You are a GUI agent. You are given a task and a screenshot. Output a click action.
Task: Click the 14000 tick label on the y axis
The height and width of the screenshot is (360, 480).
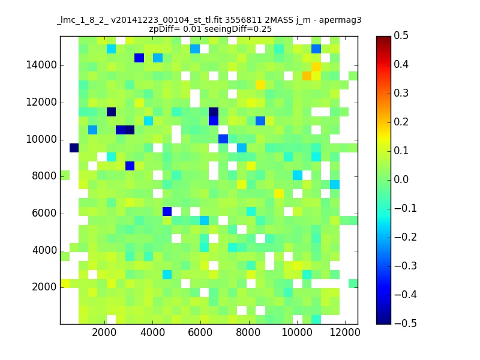[41, 65]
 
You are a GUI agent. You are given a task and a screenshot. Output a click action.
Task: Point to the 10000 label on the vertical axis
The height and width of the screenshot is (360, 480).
[41, 140]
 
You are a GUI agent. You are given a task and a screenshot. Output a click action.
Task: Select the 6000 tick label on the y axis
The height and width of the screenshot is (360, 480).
[44, 214]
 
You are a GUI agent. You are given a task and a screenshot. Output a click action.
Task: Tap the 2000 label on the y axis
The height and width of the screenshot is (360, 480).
[44, 287]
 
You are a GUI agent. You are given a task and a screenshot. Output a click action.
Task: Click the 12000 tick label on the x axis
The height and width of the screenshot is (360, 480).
[344, 332]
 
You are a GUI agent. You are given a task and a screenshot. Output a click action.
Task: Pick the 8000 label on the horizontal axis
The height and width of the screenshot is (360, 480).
[248, 332]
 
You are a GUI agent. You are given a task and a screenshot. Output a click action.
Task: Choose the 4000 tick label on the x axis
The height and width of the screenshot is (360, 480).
[152, 332]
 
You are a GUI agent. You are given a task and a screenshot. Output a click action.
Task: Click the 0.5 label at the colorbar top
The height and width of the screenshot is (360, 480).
[401, 35]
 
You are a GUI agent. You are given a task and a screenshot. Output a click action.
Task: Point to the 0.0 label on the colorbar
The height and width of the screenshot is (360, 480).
[401, 179]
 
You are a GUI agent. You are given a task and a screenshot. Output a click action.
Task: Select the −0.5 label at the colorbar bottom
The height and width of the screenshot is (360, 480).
[406, 323]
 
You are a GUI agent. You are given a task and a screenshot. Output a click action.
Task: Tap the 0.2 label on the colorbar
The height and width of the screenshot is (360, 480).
[401, 122]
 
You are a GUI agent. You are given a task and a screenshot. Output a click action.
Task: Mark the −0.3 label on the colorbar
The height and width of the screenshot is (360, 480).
[406, 266]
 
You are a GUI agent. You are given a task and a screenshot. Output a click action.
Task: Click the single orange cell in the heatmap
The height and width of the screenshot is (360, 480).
[307, 76]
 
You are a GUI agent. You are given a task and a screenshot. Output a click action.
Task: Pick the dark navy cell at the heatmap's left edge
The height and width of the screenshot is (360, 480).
[74, 148]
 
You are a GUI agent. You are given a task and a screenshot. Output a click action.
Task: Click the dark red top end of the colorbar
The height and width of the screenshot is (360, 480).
[383, 38]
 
